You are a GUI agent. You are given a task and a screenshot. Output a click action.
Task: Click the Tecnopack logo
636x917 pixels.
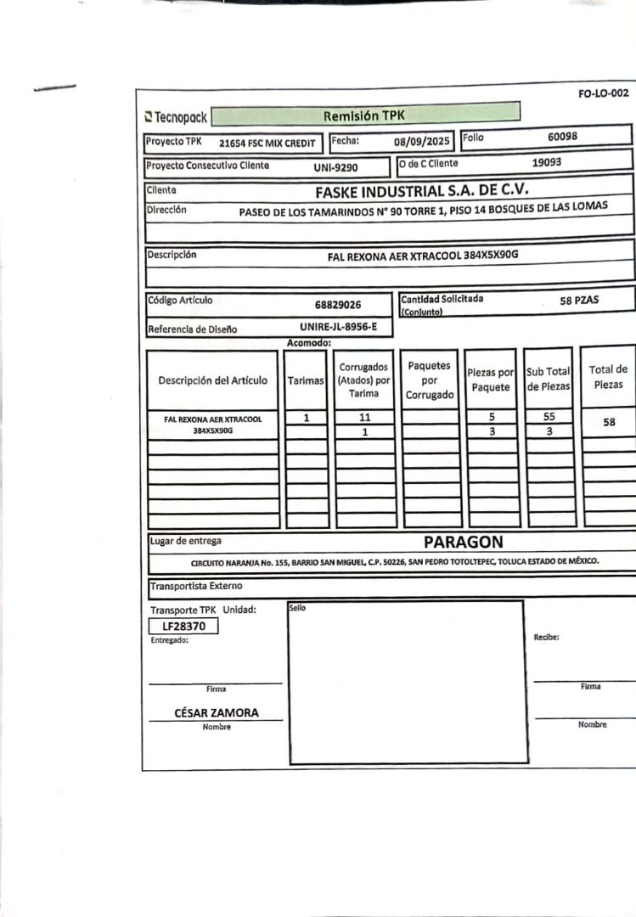176,116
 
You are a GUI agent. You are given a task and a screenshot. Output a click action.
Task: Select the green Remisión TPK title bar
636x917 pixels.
364,115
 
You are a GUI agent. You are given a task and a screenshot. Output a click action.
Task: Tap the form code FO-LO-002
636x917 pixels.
603,94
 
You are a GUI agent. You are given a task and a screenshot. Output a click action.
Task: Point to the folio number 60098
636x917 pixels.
563,136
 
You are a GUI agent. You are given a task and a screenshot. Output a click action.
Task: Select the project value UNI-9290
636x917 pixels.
335,167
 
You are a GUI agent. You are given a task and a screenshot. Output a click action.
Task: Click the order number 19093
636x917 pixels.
546,161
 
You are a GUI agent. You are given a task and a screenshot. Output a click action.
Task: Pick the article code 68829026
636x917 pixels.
337,304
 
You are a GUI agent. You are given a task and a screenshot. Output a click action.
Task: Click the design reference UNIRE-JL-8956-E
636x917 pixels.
338,326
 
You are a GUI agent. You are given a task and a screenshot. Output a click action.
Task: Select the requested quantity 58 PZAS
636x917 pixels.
579,300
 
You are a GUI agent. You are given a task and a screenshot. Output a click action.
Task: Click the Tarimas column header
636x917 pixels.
306,380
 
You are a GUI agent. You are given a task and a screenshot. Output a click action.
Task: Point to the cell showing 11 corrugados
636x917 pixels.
365,418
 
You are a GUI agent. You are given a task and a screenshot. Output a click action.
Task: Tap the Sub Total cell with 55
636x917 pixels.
549,417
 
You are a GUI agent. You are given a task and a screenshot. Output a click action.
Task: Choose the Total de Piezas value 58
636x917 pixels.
609,422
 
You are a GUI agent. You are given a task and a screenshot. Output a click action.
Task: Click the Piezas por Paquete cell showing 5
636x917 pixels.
492,417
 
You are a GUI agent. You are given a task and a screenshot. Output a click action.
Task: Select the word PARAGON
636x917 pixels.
463,542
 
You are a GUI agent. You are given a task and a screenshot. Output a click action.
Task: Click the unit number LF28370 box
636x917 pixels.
184,627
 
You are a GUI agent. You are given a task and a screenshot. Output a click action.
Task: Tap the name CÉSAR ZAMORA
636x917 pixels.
217,713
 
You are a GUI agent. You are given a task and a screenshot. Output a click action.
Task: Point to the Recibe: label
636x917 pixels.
546,637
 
